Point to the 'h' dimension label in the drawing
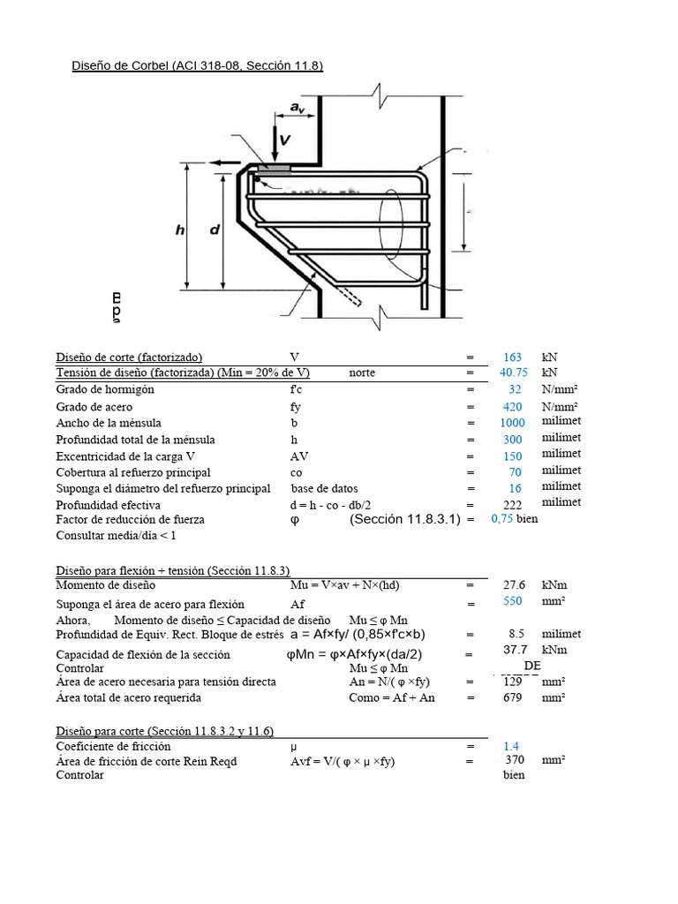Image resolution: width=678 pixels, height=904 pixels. (x=180, y=230)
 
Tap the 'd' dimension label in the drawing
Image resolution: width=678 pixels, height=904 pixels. (x=215, y=230)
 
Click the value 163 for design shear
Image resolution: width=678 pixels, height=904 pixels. (x=512, y=358)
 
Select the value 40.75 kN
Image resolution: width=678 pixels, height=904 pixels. (x=513, y=373)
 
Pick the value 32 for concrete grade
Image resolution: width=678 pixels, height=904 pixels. (x=515, y=389)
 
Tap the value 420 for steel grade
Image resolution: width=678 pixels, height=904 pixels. (x=513, y=406)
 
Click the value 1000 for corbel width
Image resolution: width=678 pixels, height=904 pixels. (x=511, y=423)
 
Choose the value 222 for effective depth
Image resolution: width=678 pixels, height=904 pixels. (x=513, y=504)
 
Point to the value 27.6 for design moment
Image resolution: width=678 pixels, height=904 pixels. (x=514, y=584)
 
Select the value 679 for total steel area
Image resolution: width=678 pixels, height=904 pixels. (x=513, y=697)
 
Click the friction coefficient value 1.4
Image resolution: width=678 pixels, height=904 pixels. (x=511, y=746)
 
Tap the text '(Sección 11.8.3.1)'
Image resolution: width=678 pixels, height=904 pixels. (x=405, y=519)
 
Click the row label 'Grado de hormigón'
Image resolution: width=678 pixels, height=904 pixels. (x=105, y=389)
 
